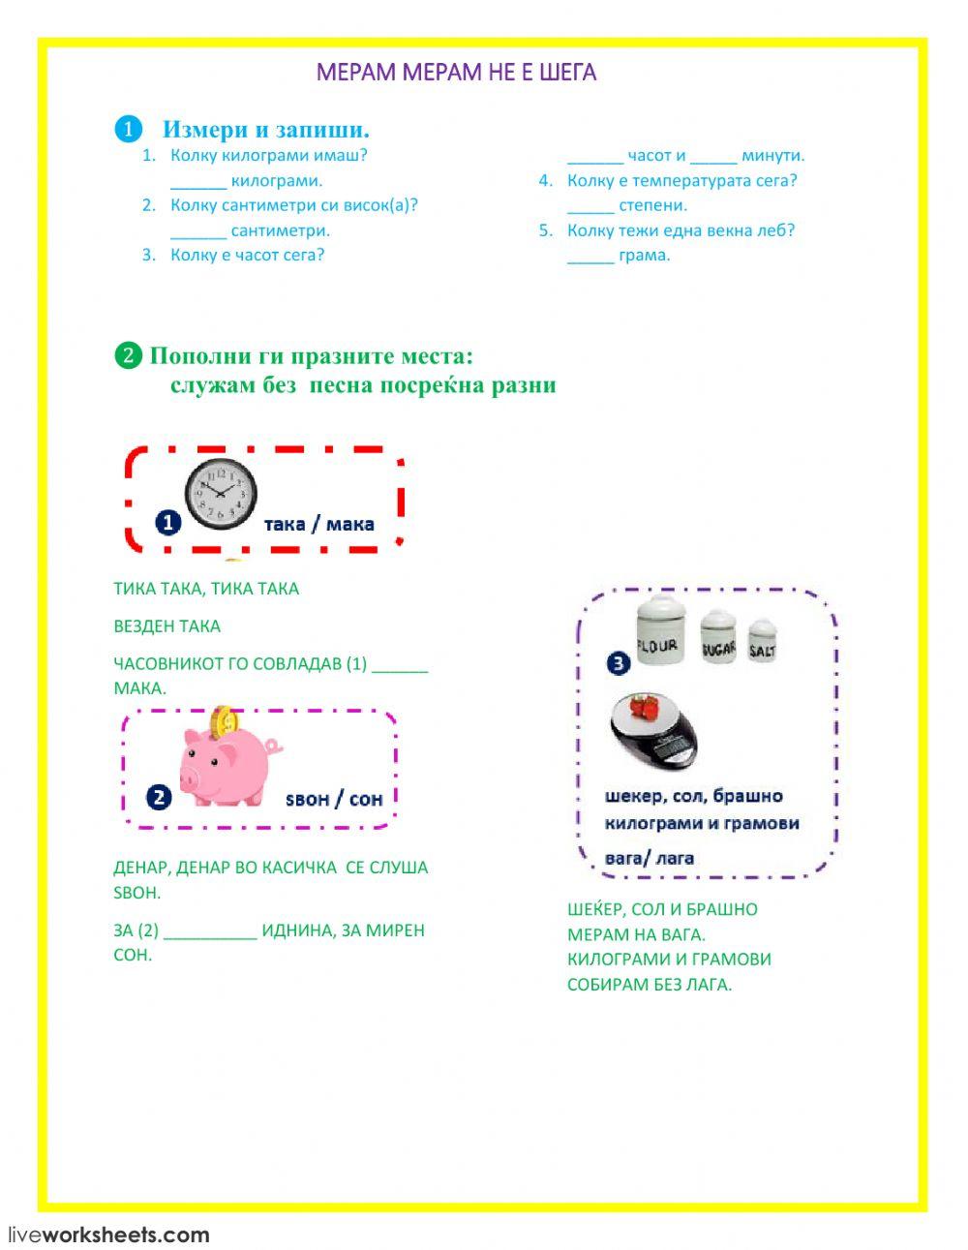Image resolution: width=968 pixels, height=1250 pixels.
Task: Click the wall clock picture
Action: (x=221, y=494)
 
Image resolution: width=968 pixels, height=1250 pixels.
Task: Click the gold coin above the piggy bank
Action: (x=225, y=719)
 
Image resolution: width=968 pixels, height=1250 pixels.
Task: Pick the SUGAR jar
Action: (x=718, y=636)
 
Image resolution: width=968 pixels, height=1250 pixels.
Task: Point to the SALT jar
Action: (x=762, y=640)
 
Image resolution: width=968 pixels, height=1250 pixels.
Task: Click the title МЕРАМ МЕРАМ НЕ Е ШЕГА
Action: (x=456, y=73)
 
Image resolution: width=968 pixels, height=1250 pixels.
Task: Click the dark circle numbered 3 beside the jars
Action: (x=619, y=663)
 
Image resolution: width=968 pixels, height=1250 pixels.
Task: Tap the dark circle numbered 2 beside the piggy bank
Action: (x=159, y=798)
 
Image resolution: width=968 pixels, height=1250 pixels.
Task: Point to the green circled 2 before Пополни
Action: (x=128, y=356)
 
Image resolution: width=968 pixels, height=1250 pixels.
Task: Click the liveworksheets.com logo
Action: (x=108, y=1235)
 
